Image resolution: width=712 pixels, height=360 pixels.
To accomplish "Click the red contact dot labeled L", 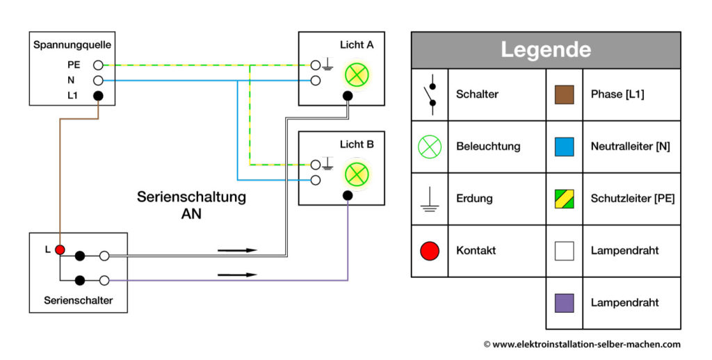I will pyautogui.click(x=60, y=249).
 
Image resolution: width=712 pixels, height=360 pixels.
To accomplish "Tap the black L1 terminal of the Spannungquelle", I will pyautogui.click(x=98, y=96).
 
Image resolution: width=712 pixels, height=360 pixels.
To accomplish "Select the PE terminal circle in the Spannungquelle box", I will pyautogui.click(x=98, y=65).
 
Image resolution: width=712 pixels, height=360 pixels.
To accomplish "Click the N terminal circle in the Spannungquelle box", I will pyautogui.click(x=98, y=81).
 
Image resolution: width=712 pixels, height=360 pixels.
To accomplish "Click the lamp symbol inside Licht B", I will pyautogui.click(x=356, y=173).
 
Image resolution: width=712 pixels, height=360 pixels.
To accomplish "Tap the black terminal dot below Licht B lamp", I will pyautogui.click(x=348, y=196).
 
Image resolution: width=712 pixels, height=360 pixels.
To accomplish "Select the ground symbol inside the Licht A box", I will pyautogui.click(x=327, y=66).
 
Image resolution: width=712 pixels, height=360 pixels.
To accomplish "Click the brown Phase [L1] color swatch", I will pyautogui.click(x=564, y=95).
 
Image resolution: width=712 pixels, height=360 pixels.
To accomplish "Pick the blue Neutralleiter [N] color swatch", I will pyautogui.click(x=564, y=147).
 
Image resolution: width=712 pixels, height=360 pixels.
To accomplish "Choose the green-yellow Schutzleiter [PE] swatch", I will pyautogui.click(x=564, y=199).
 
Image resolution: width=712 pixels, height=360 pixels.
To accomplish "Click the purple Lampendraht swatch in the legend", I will pyautogui.click(x=564, y=303).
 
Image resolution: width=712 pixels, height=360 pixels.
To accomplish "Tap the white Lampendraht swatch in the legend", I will pyautogui.click(x=564, y=251).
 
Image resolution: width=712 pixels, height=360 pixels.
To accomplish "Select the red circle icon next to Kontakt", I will pyautogui.click(x=430, y=251).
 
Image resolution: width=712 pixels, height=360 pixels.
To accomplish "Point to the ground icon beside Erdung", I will pyautogui.click(x=430, y=199).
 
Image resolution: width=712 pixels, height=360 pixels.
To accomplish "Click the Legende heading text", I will pyautogui.click(x=546, y=50).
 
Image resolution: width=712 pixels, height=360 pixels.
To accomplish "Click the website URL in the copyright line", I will pyautogui.click(x=586, y=344).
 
